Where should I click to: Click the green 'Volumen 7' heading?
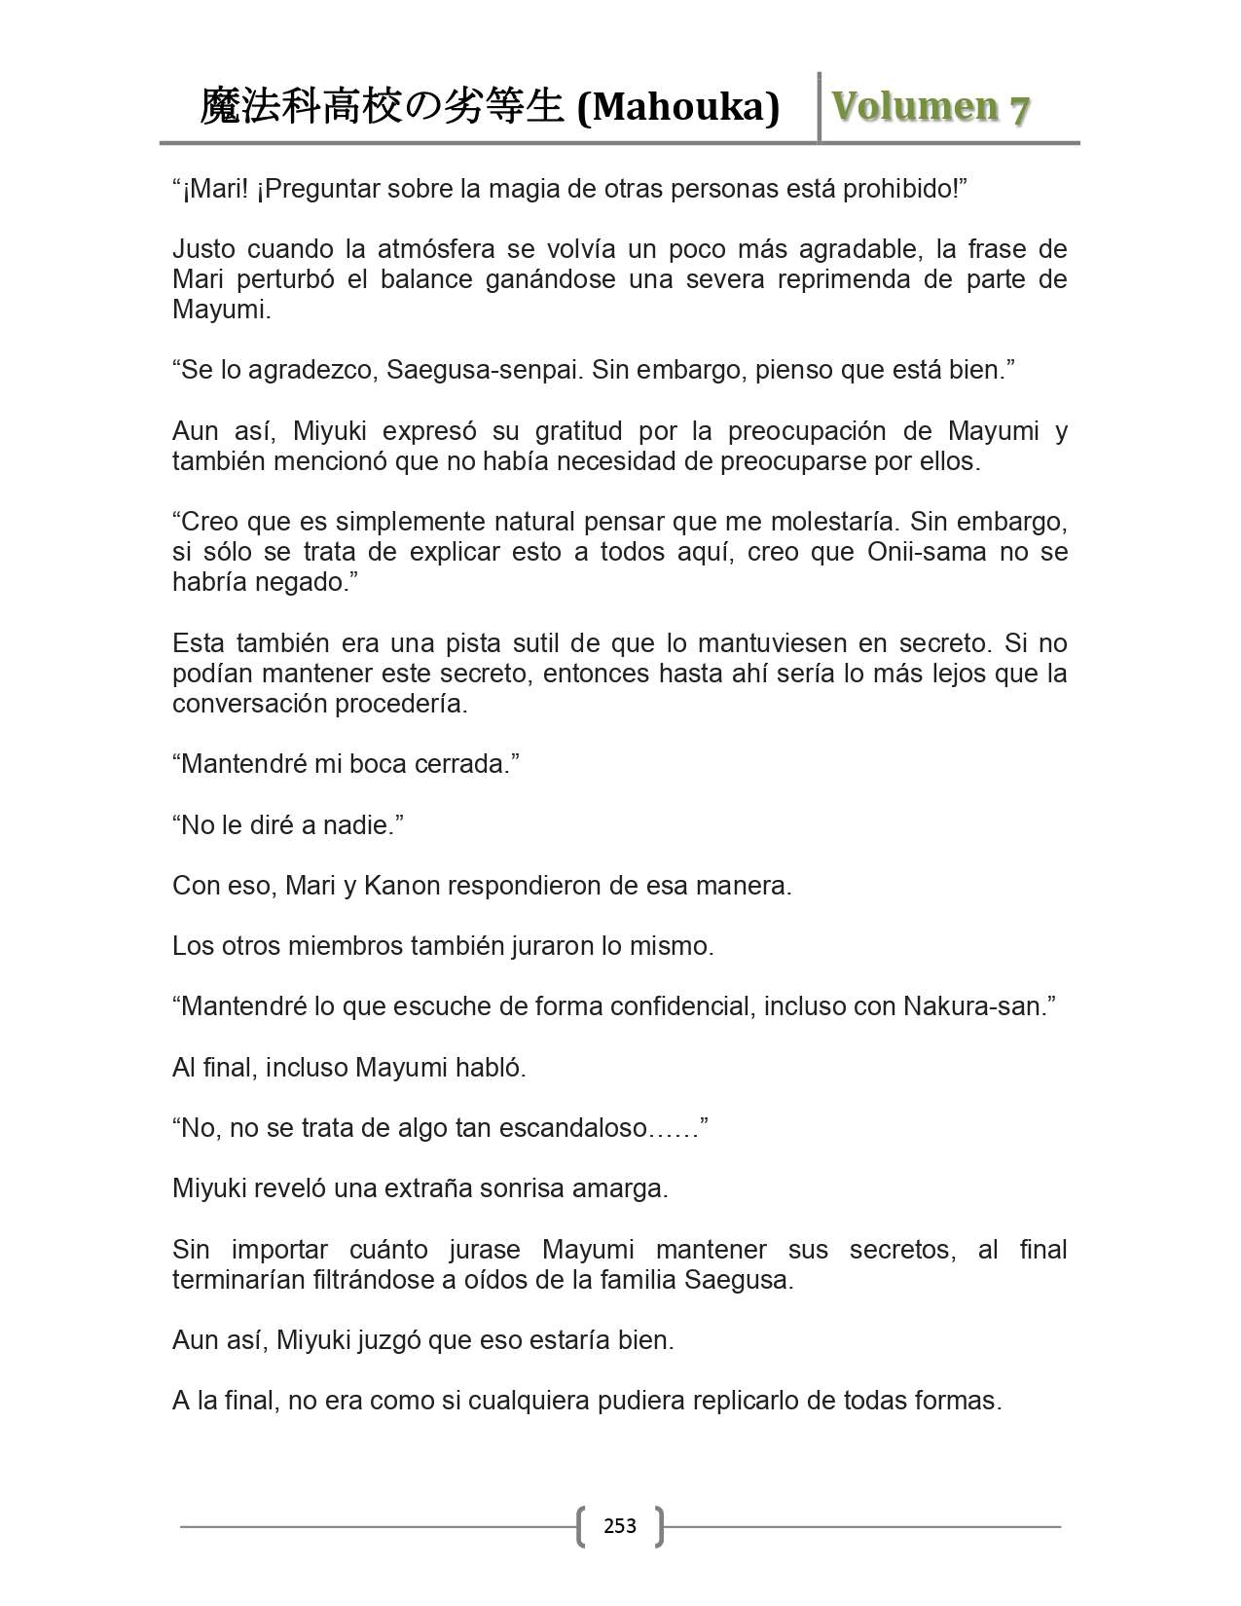931,107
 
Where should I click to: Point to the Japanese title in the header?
382,107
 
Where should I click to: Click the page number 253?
620,1525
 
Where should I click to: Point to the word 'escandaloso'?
572,1128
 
